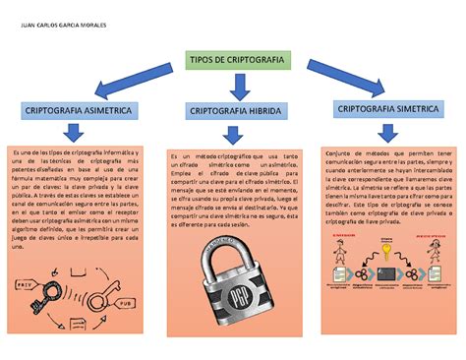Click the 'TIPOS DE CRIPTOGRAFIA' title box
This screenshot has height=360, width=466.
232,60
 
